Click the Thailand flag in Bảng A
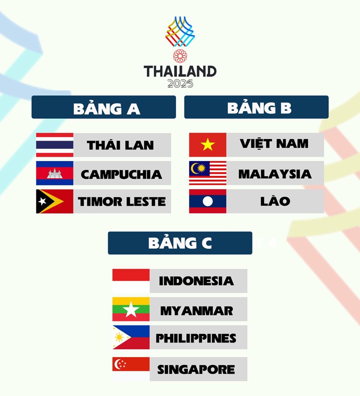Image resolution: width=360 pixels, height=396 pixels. [x=54, y=145]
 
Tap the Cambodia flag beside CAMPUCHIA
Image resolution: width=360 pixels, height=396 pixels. [x=54, y=173]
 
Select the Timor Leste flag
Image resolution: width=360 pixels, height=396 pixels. [x=54, y=201]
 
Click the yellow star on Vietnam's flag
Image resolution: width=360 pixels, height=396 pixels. [x=208, y=144]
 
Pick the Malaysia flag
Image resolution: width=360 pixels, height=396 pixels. [x=208, y=173]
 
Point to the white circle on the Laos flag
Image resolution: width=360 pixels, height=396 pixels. [x=208, y=201]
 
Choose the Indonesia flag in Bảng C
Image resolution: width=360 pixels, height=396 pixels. [x=131, y=281]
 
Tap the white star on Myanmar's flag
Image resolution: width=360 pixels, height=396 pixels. [x=131, y=309]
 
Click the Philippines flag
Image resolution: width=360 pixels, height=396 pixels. [x=131, y=338]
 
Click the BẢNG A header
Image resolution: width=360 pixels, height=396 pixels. [x=104, y=108]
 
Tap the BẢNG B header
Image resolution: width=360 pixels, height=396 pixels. [x=256, y=108]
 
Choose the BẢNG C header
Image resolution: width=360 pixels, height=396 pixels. [x=180, y=243]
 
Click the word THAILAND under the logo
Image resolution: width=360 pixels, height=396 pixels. [x=180, y=71]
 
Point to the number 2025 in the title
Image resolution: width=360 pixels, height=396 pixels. [x=180, y=83]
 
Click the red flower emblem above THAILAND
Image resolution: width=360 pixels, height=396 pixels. [x=180, y=56]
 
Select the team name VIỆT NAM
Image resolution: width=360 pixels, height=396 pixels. [x=274, y=144]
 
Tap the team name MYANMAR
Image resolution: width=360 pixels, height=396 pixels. [x=197, y=310]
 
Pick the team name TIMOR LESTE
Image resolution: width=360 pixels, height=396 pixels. [x=122, y=202]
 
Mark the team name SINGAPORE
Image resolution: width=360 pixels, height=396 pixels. [x=196, y=370]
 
